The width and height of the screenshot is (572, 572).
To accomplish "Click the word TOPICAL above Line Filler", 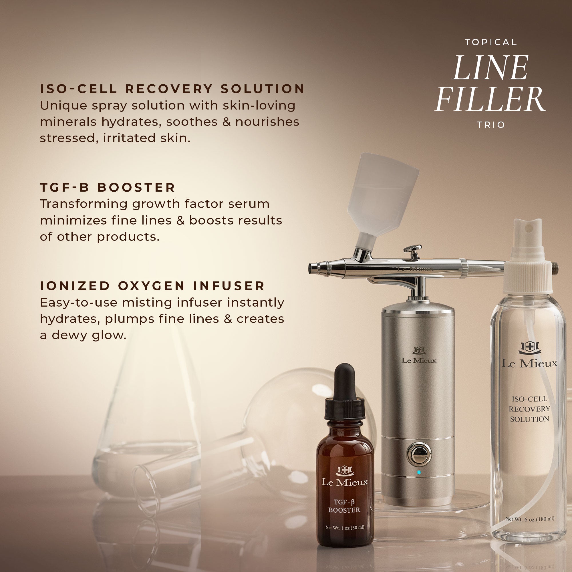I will pos(490,42).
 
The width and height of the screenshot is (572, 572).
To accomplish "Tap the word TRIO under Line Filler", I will pos(490,125).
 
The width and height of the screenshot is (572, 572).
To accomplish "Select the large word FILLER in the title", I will pos(490,99).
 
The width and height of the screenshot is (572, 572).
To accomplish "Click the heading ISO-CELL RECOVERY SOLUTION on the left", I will pos(172,89).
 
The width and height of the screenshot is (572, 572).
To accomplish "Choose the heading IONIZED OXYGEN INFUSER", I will pos(152,286).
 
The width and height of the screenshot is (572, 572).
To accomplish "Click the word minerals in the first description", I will pos(68,122).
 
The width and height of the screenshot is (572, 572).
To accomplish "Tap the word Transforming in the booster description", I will pos(84,204).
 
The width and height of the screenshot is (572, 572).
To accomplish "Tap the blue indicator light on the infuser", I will pos(419,472).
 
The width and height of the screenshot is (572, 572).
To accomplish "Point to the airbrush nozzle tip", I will pos(311,268).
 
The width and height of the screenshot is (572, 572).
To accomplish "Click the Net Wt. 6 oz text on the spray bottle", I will pos(530,519).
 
